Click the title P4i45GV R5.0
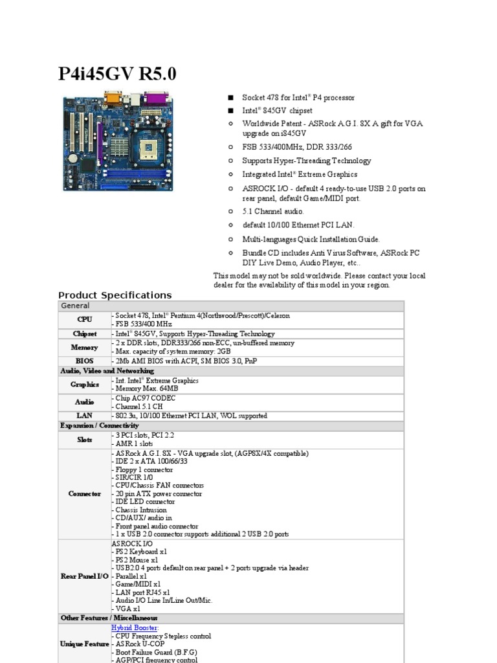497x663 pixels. (x=117, y=74)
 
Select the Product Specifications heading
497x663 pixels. (x=115, y=295)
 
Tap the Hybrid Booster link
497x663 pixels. (x=135, y=628)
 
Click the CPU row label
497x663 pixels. (x=85, y=320)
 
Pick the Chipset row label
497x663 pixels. (x=85, y=334)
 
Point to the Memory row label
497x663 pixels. (x=85, y=348)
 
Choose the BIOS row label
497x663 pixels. (x=85, y=361)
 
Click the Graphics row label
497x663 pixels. (x=85, y=385)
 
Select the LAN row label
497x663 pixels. (x=85, y=416)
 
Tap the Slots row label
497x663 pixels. (x=85, y=440)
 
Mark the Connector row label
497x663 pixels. (x=85, y=494)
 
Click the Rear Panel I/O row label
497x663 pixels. (x=85, y=576)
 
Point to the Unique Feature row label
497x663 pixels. (x=85, y=645)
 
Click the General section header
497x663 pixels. (x=76, y=306)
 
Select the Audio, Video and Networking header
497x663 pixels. (x=107, y=371)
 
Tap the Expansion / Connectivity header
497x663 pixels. (x=100, y=425)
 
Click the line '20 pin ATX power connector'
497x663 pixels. (x=157, y=494)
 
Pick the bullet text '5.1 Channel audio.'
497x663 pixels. (x=272, y=212)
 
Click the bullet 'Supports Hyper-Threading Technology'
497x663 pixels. (x=306, y=161)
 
